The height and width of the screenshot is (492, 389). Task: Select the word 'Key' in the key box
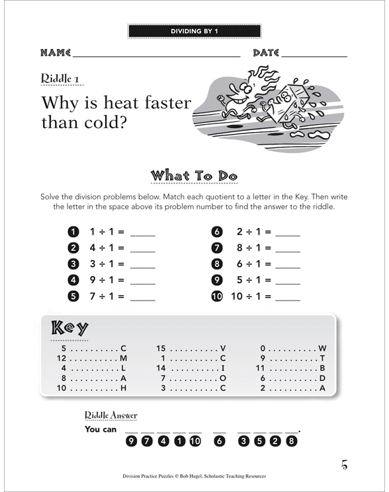69,328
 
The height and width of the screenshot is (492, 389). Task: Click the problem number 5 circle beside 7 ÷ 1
73,297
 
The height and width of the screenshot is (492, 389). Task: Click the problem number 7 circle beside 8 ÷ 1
216,248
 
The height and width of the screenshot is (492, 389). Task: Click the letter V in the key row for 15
222,348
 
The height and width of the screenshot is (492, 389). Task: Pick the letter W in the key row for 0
322,348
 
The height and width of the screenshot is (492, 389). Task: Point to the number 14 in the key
161,368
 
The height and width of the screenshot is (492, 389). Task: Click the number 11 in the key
260,368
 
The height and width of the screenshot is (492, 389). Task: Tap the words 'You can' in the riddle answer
101,429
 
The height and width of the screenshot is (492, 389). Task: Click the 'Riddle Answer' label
110,415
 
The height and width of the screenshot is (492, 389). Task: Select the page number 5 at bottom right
344,464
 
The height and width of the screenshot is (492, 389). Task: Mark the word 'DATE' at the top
267,53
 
